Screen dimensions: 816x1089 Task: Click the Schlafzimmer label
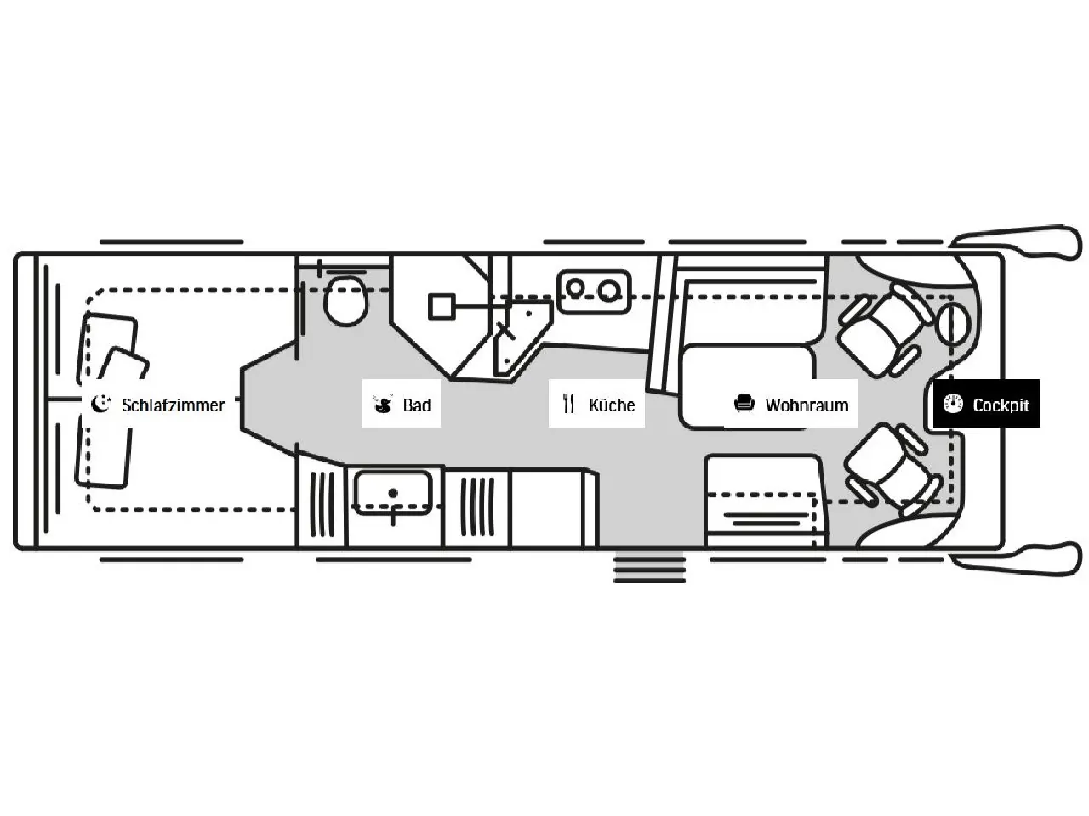click(173, 405)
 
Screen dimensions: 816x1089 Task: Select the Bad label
click(417, 405)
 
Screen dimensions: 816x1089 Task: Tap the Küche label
click(611, 405)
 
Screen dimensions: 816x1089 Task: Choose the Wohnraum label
click(806, 405)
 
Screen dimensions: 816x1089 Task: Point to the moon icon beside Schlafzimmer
click(101, 404)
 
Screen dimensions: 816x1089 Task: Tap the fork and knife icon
click(568, 404)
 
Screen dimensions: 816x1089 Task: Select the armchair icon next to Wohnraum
click(744, 404)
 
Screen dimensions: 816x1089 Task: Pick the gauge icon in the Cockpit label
click(953, 404)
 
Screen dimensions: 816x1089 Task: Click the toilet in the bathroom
click(346, 300)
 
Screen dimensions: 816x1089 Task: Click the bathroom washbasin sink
click(393, 492)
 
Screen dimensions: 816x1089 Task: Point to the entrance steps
click(649, 567)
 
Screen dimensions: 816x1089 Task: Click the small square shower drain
click(442, 306)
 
